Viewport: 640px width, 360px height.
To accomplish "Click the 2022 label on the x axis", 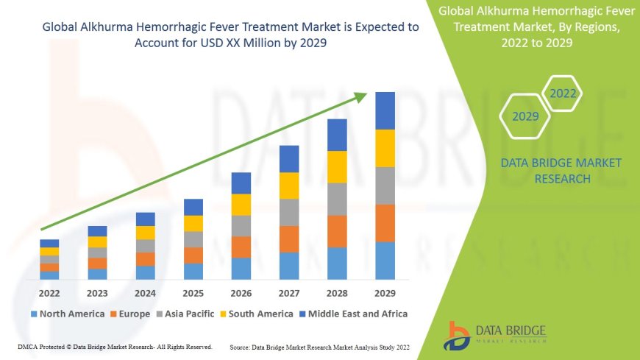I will (49, 292).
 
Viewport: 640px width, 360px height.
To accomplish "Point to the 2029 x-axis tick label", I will (385, 292).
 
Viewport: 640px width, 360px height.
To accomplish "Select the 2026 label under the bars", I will (241, 292).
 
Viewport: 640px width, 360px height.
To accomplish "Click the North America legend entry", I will (68, 314).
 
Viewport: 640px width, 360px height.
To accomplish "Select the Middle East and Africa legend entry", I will (353, 314).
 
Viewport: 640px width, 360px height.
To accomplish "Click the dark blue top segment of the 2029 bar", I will (385, 110).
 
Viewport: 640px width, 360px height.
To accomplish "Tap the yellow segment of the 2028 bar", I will (337, 166).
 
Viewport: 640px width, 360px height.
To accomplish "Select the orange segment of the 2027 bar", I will (289, 239).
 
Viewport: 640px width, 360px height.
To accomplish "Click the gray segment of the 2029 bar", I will (385, 186).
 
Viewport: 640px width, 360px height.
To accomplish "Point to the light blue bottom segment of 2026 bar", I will (241, 268).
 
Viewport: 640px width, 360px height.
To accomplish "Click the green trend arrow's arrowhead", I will (360, 96).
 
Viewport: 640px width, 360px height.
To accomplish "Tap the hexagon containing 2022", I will (563, 93).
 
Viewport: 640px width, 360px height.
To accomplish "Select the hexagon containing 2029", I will (525, 116).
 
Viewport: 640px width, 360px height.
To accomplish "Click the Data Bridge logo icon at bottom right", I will (458, 335).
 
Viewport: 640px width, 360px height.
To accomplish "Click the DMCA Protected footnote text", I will (115, 346).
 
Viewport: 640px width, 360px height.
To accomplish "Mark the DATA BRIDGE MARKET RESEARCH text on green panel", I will (561, 171).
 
